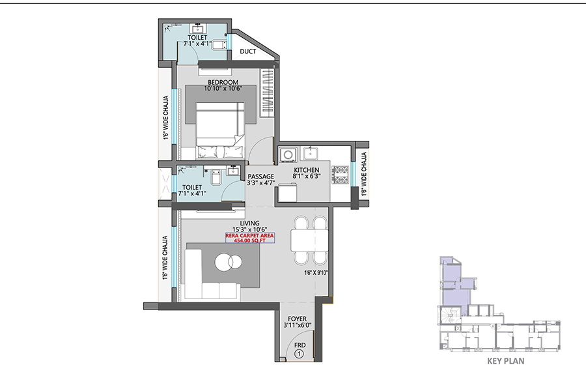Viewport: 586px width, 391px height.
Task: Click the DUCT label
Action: [248, 51]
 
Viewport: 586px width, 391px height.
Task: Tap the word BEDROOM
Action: [223, 82]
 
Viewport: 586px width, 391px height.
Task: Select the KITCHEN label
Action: [307, 170]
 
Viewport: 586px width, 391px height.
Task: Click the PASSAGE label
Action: [261, 177]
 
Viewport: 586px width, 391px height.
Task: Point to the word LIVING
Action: [249, 224]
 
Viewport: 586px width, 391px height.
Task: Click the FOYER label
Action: [297, 319]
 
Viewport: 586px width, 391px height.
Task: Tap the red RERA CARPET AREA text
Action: [249, 236]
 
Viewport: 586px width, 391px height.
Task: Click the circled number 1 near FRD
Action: [299, 354]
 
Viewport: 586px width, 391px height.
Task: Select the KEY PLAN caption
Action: [506, 361]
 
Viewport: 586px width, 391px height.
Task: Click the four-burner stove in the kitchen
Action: [340, 175]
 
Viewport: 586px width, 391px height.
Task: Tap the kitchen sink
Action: [310, 153]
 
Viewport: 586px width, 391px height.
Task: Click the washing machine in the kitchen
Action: [288, 154]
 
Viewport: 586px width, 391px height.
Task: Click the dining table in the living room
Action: [309, 240]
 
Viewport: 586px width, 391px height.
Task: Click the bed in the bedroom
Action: [221, 131]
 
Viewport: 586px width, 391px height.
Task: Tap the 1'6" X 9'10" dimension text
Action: [316, 273]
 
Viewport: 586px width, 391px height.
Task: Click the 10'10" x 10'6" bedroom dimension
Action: [223, 89]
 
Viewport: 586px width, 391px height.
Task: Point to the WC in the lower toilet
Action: [216, 178]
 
